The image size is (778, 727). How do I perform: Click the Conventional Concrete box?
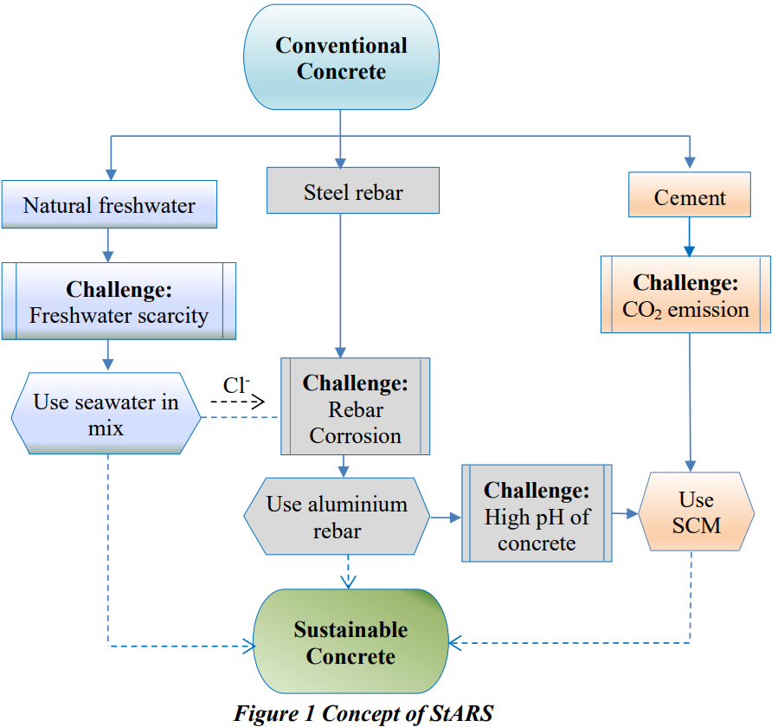[x=341, y=59]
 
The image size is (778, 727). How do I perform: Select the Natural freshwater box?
[x=109, y=205]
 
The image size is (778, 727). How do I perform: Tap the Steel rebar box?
[x=353, y=191]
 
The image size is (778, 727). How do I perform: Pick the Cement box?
[x=690, y=196]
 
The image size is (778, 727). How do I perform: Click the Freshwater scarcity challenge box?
[x=119, y=301]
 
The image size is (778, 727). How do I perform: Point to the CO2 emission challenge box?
[x=685, y=295]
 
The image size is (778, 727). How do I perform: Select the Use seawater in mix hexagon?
[x=106, y=415]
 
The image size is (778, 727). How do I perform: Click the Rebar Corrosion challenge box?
[x=355, y=408]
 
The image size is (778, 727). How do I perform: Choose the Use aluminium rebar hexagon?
[x=337, y=517]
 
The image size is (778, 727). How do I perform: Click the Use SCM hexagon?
[x=696, y=512]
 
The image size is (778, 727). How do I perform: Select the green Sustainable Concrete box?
[x=350, y=642]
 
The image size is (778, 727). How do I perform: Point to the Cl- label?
[x=235, y=385]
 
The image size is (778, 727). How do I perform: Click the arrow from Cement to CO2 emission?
[x=690, y=235]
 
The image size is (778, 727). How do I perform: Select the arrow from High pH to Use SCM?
[x=624, y=514]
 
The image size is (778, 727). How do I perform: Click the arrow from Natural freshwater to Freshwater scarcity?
[x=108, y=245]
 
